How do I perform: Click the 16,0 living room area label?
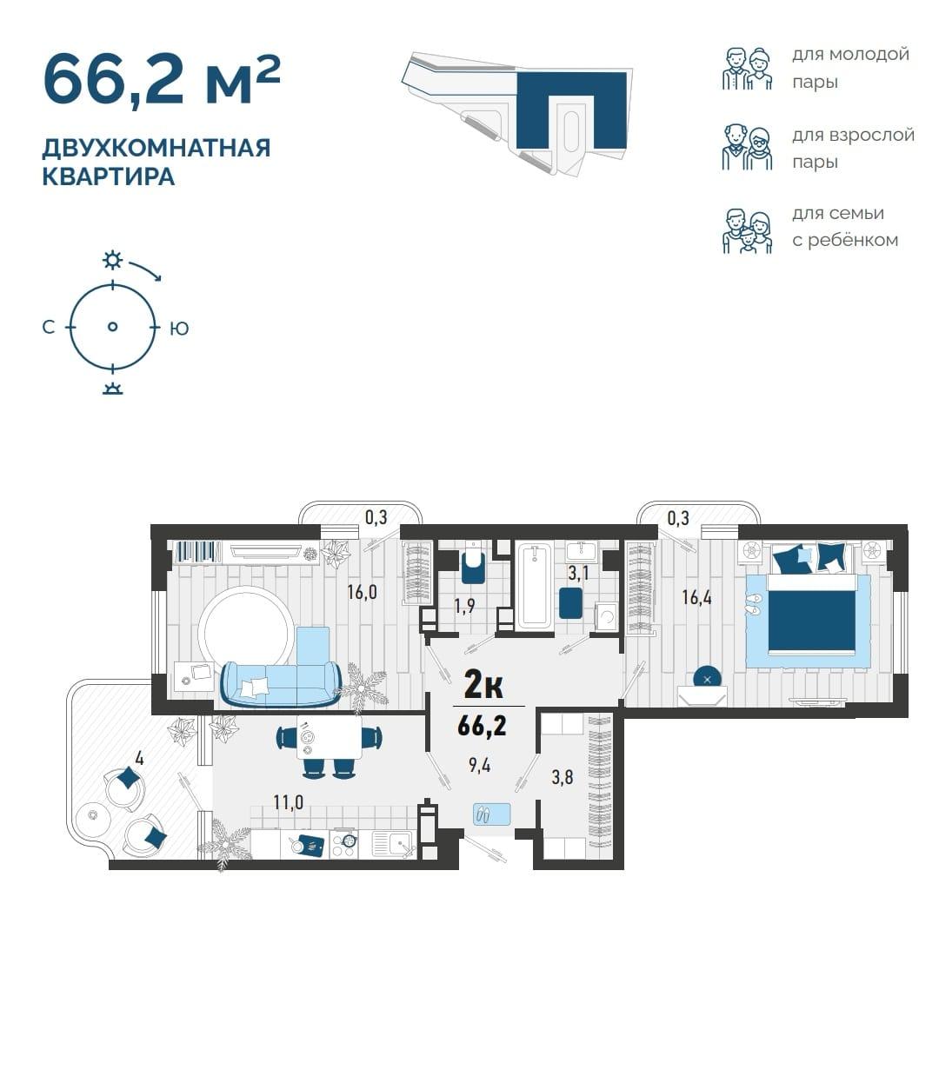[362, 592]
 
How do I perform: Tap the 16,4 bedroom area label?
[696, 597]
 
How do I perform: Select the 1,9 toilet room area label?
[465, 606]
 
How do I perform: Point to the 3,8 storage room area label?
[562, 777]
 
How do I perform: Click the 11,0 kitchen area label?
[288, 802]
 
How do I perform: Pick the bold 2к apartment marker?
[483, 685]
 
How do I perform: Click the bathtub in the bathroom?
[534, 585]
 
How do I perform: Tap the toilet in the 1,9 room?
[473, 564]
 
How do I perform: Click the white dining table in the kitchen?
[330, 737]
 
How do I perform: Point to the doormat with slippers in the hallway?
[491, 814]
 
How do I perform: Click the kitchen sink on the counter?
[394, 844]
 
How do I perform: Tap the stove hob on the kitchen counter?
[344, 844]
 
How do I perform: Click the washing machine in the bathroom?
[606, 616]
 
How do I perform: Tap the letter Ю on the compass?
[179, 329]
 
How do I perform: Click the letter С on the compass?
[49, 328]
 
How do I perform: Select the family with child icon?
[747, 230]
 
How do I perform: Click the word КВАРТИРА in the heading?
[108, 176]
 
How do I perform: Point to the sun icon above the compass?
[112, 261]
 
